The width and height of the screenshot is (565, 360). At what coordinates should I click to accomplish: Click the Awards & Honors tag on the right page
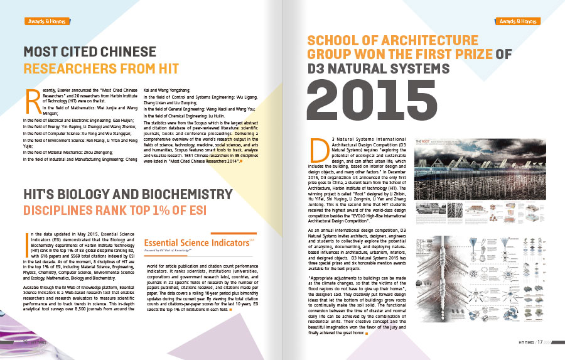(x=519, y=21)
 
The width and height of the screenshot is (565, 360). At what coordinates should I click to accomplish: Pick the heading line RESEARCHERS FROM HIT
(x=101, y=68)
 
